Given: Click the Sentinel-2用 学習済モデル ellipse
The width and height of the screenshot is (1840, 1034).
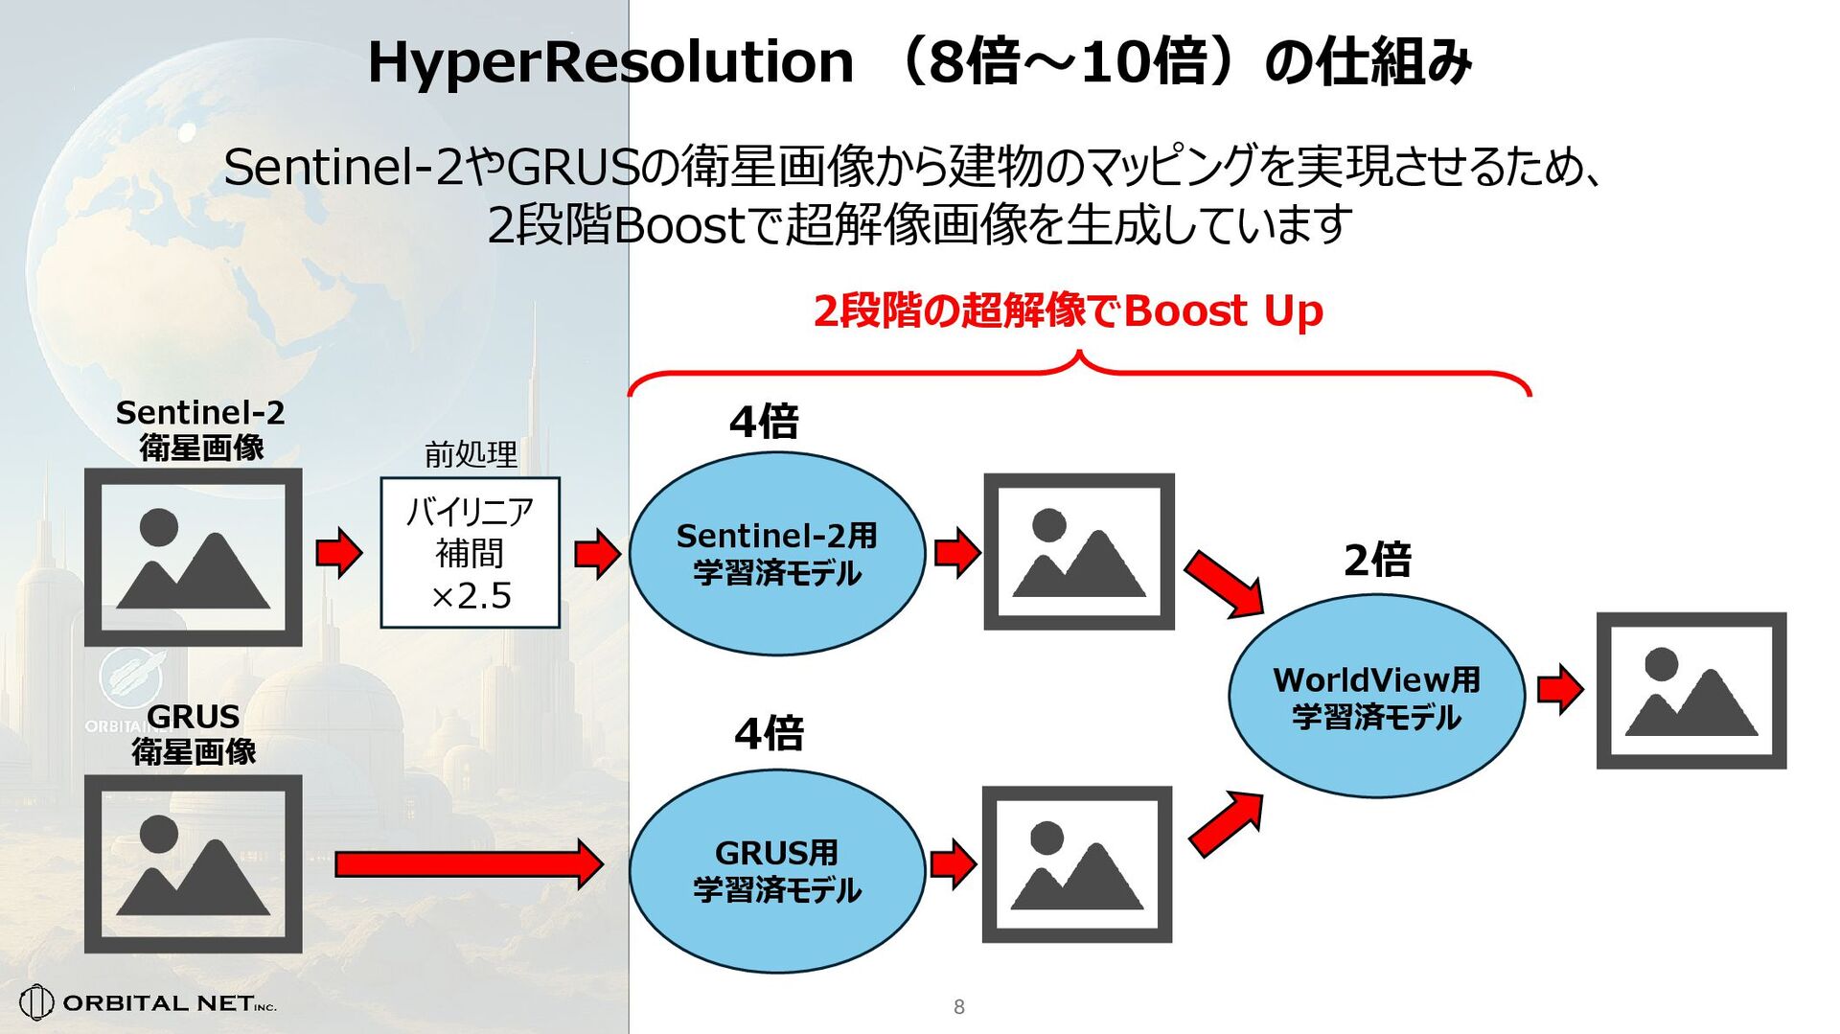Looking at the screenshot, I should tap(776, 554).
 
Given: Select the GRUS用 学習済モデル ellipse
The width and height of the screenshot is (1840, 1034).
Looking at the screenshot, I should tap(776, 870).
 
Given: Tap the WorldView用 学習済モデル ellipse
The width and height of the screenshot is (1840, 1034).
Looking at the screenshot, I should tap(1376, 697).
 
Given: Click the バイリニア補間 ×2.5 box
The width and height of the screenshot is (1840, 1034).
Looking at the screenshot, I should tap(470, 553).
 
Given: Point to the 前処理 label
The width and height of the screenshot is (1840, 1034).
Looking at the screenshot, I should tap(471, 454).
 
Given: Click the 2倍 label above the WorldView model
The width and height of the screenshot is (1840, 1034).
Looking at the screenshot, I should tap(1377, 560).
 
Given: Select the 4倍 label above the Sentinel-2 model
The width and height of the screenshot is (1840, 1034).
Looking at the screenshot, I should tap(764, 422).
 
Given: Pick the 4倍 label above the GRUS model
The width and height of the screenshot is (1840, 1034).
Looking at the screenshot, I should tap(769, 734).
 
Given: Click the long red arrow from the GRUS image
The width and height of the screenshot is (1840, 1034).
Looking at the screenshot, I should tap(468, 864).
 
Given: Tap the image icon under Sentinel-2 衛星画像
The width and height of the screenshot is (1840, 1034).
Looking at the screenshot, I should tap(194, 557).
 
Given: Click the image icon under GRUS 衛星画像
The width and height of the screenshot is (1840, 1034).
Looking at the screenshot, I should tap(194, 863).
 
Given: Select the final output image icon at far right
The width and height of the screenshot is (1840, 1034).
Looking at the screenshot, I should tap(1691, 690).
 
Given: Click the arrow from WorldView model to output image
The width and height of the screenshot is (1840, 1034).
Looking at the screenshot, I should tap(1559, 689).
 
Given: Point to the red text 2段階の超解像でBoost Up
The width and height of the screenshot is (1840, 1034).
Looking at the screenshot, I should tap(1068, 311).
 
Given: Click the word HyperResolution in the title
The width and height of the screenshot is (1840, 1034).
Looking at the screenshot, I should tap(610, 62).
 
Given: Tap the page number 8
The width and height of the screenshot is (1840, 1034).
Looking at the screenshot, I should tap(958, 1006).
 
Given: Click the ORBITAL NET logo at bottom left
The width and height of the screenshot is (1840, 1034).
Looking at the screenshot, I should tap(149, 1002).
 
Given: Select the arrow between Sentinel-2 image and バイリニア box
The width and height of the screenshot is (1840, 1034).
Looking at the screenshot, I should tap(339, 553).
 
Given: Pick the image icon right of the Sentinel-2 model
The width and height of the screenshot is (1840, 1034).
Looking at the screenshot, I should tap(1079, 551).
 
